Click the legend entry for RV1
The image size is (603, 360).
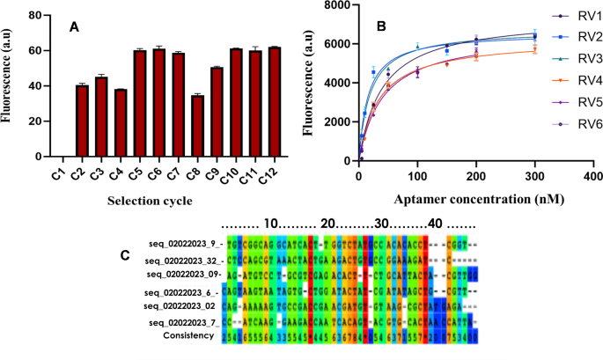click(x=573, y=17)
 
